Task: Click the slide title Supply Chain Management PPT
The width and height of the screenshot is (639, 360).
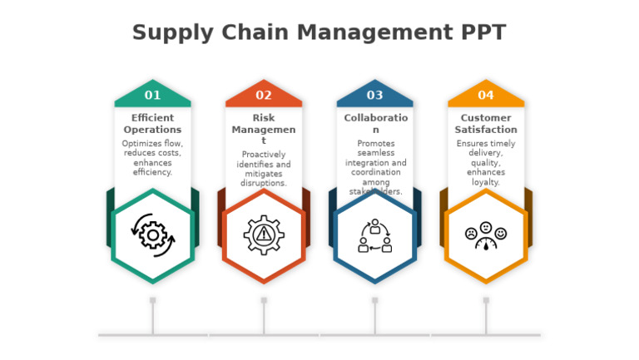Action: pyautogui.click(x=319, y=32)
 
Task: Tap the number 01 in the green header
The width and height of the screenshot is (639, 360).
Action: pyautogui.click(x=152, y=96)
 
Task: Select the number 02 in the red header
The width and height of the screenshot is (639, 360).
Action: pyautogui.click(x=264, y=96)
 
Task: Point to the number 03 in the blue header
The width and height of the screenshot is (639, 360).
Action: pyautogui.click(x=374, y=96)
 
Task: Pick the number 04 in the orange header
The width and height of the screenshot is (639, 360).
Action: pyautogui.click(x=486, y=96)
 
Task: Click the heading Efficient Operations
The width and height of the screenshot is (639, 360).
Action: pyautogui.click(x=152, y=124)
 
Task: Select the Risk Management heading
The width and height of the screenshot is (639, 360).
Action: pyautogui.click(x=264, y=129)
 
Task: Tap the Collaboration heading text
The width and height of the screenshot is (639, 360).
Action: pyautogui.click(x=375, y=124)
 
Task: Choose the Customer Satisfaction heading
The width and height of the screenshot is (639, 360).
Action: pyautogui.click(x=486, y=124)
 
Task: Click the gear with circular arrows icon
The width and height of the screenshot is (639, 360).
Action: pyautogui.click(x=153, y=234)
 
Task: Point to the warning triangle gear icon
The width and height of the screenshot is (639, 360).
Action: pyautogui.click(x=264, y=234)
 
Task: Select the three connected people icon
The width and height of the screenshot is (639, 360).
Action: pyautogui.click(x=375, y=236)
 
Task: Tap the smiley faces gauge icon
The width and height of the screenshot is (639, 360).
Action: pyautogui.click(x=486, y=236)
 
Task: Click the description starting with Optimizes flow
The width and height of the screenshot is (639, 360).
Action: pyautogui.click(x=152, y=158)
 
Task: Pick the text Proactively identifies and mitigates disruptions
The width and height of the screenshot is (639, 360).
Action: pyautogui.click(x=264, y=169)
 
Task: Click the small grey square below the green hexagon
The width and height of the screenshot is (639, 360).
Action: pyautogui.click(x=152, y=300)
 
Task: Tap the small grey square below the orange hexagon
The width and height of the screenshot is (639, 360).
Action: pyautogui.click(x=486, y=300)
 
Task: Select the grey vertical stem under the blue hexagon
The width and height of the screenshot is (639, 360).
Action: pyautogui.click(x=375, y=318)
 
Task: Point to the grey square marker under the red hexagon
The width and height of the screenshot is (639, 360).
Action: pyautogui.click(x=264, y=300)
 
